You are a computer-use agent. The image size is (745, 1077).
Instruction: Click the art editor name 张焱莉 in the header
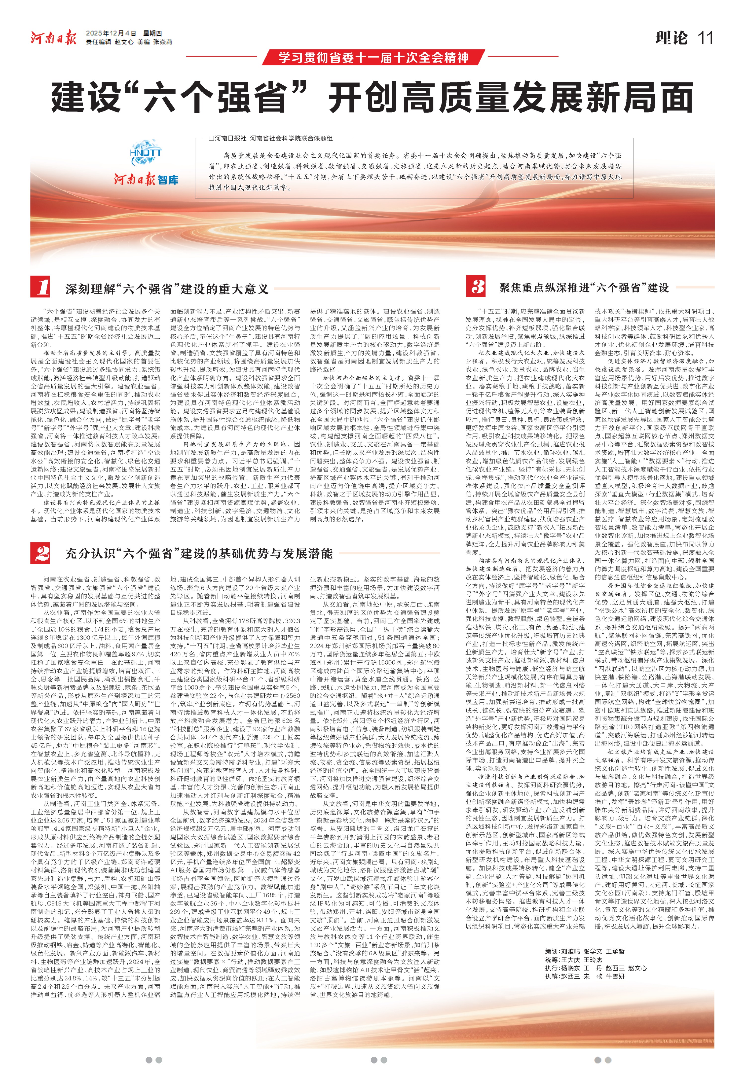(x=162, y=42)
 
